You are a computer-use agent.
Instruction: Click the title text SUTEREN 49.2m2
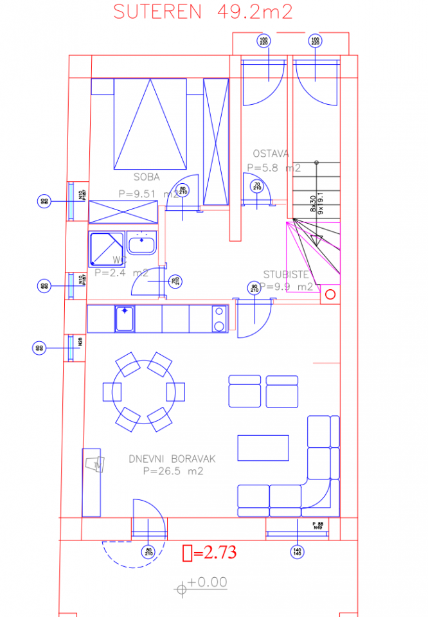203,12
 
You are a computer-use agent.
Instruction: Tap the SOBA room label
147,177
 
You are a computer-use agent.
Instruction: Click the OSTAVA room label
271,154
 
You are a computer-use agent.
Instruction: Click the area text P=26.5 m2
173,471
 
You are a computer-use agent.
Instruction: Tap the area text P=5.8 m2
274,167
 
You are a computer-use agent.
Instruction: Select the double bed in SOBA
151,123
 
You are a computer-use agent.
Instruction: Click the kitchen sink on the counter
125,319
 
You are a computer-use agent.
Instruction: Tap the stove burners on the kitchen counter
219,319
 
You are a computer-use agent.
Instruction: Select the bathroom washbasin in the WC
141,244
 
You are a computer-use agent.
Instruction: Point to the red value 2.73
215,552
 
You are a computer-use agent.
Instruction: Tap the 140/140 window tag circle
297,552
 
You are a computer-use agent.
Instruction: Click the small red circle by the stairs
330,295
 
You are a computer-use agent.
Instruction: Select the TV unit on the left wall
92,482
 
